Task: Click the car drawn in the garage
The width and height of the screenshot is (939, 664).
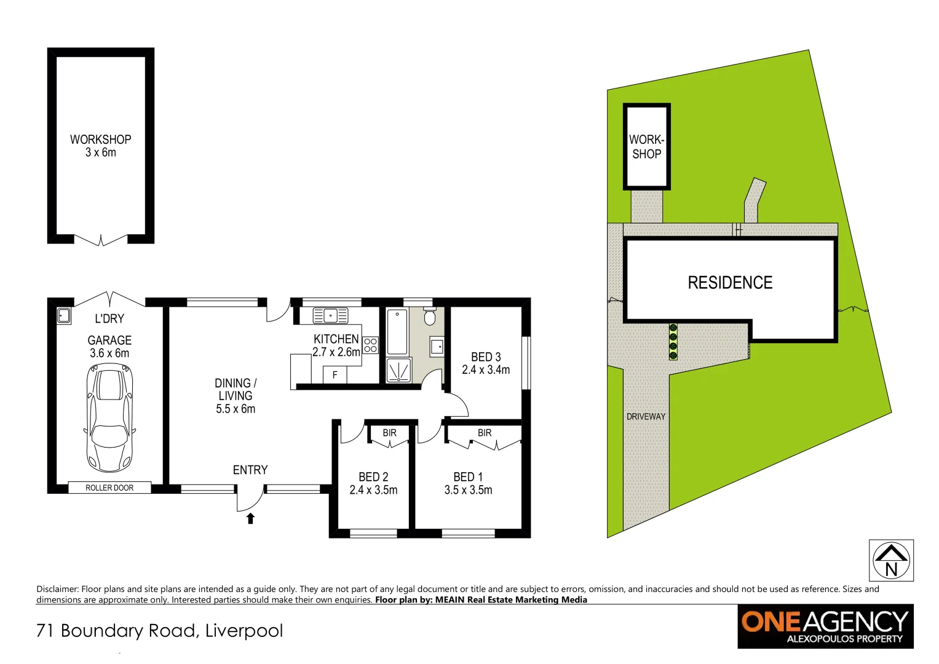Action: pos(109,417)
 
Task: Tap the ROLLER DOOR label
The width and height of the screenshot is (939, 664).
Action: pos(109,488)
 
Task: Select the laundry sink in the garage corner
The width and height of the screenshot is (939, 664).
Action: pos(63,315)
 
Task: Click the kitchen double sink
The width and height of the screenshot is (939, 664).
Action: pos(330,315)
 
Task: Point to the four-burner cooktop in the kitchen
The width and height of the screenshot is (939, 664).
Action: pos(370,345)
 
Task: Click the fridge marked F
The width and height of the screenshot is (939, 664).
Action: pos(335,374)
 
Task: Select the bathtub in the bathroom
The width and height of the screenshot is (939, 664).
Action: pos(397,332)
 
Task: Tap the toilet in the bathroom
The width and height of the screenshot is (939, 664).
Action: pos(430,317)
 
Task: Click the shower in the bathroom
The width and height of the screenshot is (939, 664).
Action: pos(398,370)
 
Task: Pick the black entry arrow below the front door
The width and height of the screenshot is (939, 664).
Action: pos(250,518)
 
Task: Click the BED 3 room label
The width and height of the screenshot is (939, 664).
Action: pos(486,357)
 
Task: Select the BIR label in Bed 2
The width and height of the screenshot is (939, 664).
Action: pos(389,433)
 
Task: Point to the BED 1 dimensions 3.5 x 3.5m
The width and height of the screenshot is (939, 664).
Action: pos(468,490)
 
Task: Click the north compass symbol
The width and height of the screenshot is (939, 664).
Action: pos(891,560)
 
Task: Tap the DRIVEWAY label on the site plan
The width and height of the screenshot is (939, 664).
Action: pos(646,416)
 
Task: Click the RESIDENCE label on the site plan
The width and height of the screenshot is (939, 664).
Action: pos(730,283)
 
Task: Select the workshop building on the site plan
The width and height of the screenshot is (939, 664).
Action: pos(646,147)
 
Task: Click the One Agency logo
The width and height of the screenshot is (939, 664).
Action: pos(825,626)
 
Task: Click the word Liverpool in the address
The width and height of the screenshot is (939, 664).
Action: pos(244,631)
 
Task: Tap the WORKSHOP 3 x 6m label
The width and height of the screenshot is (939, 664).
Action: pos(100,146)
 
